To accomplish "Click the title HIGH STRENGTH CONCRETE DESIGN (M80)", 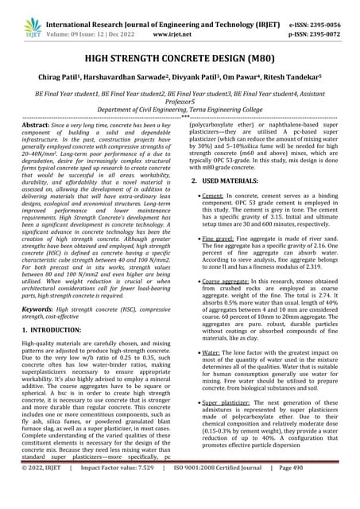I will pyautogui.click(x=180, y=59).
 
